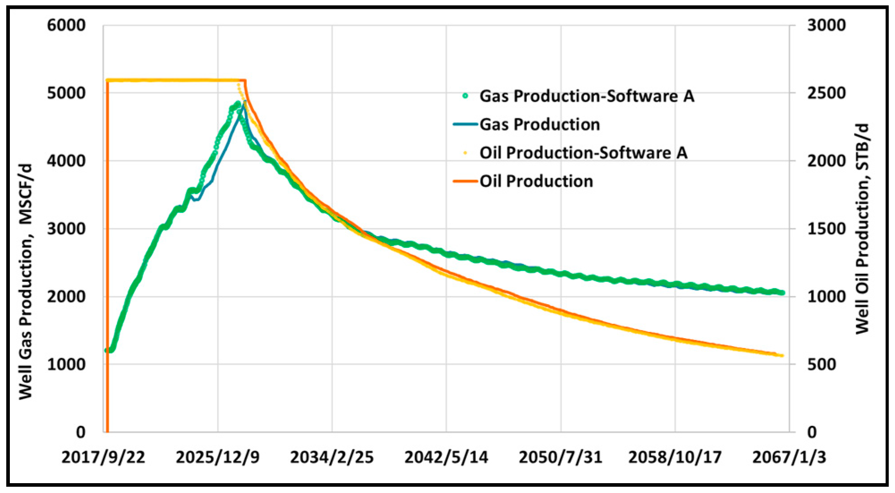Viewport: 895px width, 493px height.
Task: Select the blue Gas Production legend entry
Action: click(539, 124)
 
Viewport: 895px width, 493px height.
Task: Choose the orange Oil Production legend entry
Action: click(536, 181)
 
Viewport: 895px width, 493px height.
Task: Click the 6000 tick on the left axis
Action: click(66, 25)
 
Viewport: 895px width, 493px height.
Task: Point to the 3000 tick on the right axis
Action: click(826, 25)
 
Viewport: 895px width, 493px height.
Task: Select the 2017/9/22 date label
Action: click(103, 457)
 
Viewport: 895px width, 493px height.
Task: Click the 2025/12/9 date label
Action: click(217, 457)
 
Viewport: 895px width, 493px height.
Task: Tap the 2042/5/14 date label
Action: click(446, 457)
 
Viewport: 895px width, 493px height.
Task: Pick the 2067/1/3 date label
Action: click(789, 457)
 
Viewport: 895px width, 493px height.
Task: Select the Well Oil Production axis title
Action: click(862, 228)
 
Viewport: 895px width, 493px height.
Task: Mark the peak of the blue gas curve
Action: click(245, 102)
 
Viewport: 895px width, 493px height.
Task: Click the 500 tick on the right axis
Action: click(821, 364)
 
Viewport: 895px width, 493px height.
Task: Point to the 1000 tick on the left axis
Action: click(66, 364)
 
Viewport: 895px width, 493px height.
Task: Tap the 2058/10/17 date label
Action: click(674, 457)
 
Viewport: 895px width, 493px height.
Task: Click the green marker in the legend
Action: click(465, 96)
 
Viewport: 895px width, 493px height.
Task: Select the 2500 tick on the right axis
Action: click(826, 93)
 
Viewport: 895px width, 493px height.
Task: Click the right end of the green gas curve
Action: click(782, 293)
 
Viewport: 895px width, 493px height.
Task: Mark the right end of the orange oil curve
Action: click(782, 356)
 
